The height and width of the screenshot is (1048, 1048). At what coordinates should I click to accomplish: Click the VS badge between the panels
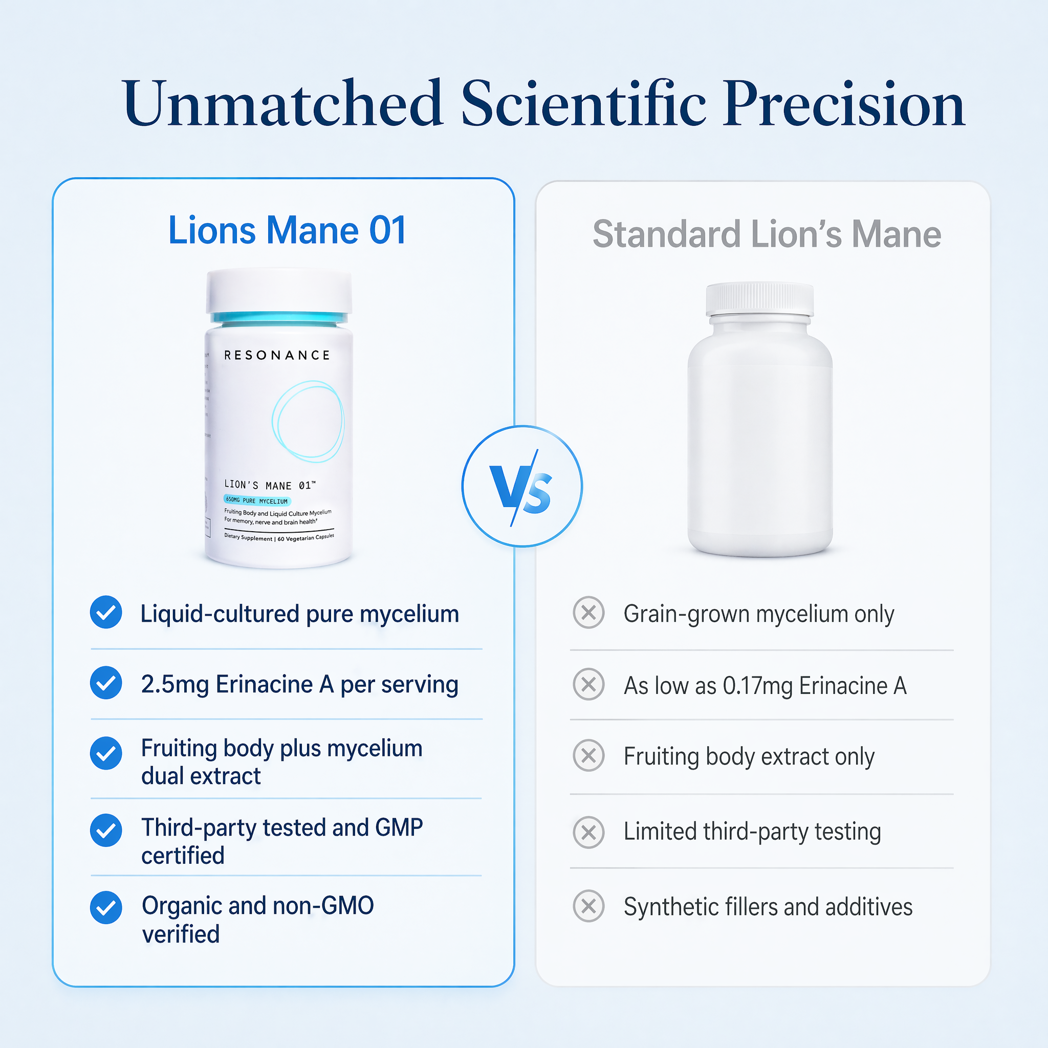(522, 486)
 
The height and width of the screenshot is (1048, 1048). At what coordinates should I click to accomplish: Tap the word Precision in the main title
(843, 104)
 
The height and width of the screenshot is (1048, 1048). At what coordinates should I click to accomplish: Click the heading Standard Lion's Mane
(767, 234)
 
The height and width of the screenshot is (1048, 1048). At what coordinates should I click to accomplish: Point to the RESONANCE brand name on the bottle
(277, 355)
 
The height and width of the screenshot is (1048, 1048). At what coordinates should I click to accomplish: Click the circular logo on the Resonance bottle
(308, 421)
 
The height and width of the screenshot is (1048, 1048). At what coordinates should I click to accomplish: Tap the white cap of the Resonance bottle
(279, 290)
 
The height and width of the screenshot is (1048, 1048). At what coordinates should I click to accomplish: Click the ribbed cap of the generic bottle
(759, 298)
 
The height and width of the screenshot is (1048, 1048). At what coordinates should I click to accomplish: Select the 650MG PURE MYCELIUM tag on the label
(257, 500)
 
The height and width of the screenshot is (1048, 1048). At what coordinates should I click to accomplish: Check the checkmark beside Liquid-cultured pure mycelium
(106, 613)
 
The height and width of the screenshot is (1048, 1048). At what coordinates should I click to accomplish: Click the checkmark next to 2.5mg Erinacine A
(106, 683)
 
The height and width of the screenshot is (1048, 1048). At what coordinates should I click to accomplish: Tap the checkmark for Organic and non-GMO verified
(106, 907)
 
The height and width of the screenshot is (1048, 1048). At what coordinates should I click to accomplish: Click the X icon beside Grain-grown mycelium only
(588, 613)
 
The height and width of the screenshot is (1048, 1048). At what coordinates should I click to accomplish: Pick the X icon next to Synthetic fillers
(588, 906)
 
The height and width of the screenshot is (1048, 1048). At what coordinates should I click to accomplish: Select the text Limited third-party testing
(752, 832)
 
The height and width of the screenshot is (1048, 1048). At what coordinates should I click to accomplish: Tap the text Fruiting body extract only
(749, 757)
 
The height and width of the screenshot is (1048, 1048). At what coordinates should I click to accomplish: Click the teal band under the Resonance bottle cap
(279, 318)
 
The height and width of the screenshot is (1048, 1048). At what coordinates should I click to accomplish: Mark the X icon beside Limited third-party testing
(588, 832)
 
